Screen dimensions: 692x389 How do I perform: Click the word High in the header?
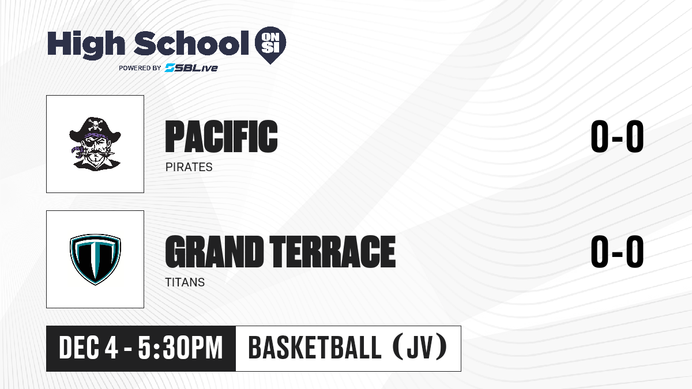(x=86, y=44)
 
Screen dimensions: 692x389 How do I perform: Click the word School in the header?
(x=191, y=43)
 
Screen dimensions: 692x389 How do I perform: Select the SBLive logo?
(x=191, y=68)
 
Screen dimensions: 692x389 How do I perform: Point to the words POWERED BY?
(x=140, y=68)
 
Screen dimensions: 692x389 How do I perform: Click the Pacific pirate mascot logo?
(x=95, y=144)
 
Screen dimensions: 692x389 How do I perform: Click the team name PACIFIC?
(x=221, y=137)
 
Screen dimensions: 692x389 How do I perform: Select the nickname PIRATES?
(x=189, y=167)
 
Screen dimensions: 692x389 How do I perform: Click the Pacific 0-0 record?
(x=617, y=136)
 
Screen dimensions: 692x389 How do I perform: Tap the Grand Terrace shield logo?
(x=95, y=259)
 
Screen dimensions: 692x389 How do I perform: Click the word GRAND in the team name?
(x=214, y=252)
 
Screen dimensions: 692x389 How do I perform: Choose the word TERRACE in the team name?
(x=332, y=252)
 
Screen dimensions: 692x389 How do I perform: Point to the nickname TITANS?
(x=185, y=282)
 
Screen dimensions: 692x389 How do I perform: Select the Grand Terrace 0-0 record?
(x=617, y=251)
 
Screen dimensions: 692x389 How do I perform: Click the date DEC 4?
(x=88, y=348)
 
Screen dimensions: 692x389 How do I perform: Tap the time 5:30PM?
(x=180, y=348)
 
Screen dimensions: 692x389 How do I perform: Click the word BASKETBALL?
(x=314, y=348)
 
